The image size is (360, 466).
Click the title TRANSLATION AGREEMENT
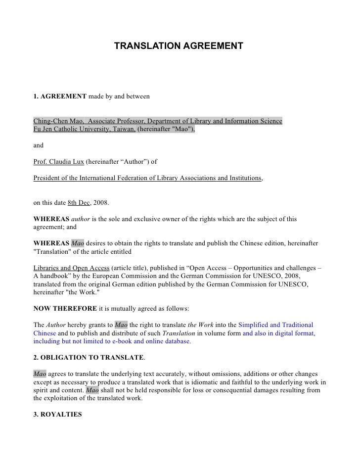[x=179, y=46]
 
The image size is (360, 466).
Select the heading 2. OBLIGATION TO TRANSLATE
[x=89, y=357]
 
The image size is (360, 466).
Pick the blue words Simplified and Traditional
[x=275, y=325]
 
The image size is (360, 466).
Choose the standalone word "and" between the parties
[x=38, y=146]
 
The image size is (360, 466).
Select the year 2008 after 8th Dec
[x=106, y=203]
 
